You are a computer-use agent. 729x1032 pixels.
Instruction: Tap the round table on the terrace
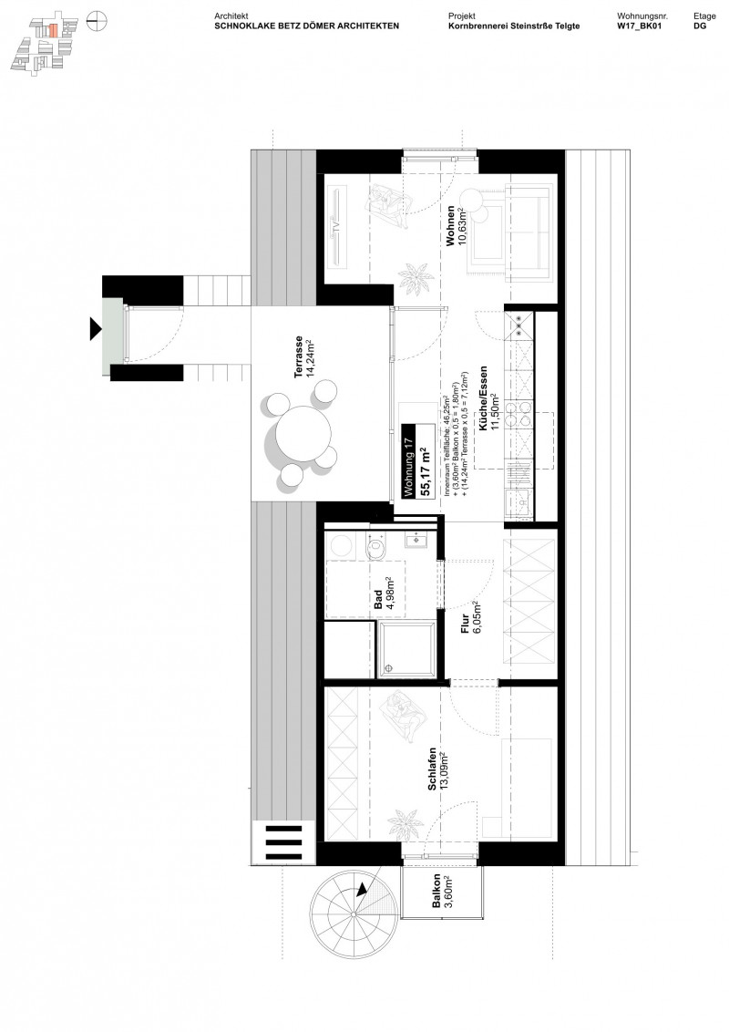(x=300, y=433)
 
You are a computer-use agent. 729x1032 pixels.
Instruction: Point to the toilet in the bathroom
(x=375, y=546)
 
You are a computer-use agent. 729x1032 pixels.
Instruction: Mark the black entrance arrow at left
(x=95, y=328)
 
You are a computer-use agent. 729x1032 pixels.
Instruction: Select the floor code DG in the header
(x=699, y=26)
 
